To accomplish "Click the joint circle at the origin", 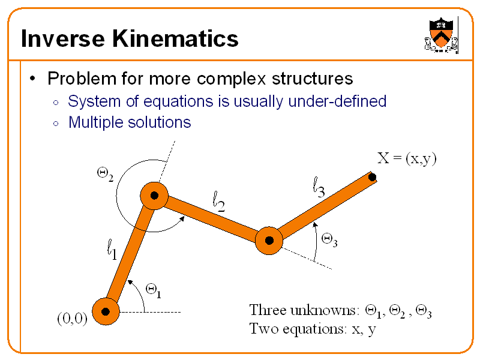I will [106, 311].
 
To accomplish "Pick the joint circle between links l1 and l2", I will [154, 196].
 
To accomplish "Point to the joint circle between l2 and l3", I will [269, 241].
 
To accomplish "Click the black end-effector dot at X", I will [373, 178].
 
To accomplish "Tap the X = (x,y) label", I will [406, 159].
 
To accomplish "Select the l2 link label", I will [219, 202].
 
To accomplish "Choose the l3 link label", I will [319, 187].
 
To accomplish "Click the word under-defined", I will [337, 101].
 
